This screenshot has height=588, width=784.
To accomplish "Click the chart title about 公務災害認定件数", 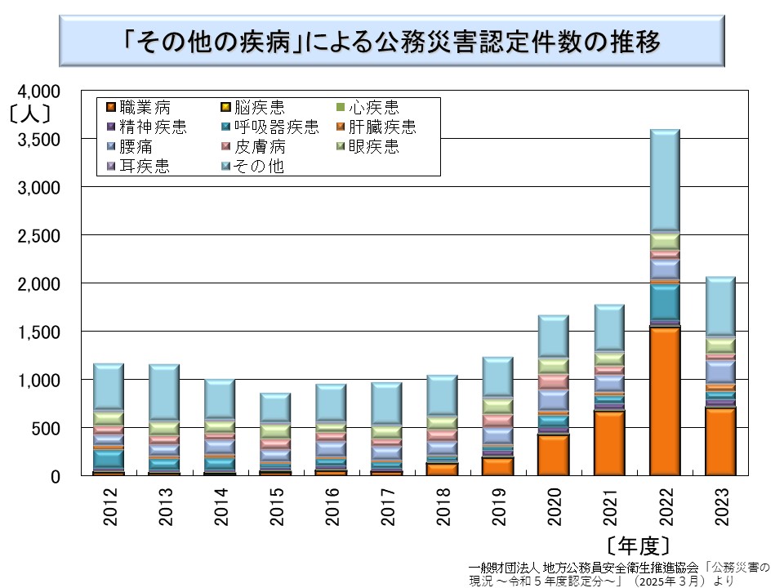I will point(392,41).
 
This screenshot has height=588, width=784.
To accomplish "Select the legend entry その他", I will point(252,167).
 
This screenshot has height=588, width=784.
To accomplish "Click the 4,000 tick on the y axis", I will point(40,91).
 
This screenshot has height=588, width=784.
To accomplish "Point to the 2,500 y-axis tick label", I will point(40,236).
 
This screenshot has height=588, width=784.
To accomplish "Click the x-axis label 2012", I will point(109,507).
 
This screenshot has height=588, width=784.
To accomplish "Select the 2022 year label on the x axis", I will point(665,507).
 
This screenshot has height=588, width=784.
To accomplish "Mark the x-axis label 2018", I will point(443,507).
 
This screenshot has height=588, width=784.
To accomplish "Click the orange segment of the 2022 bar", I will point(665,400).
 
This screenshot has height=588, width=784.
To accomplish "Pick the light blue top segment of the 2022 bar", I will point(665,180).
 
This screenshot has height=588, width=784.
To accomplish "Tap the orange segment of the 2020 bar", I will point(554,454).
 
